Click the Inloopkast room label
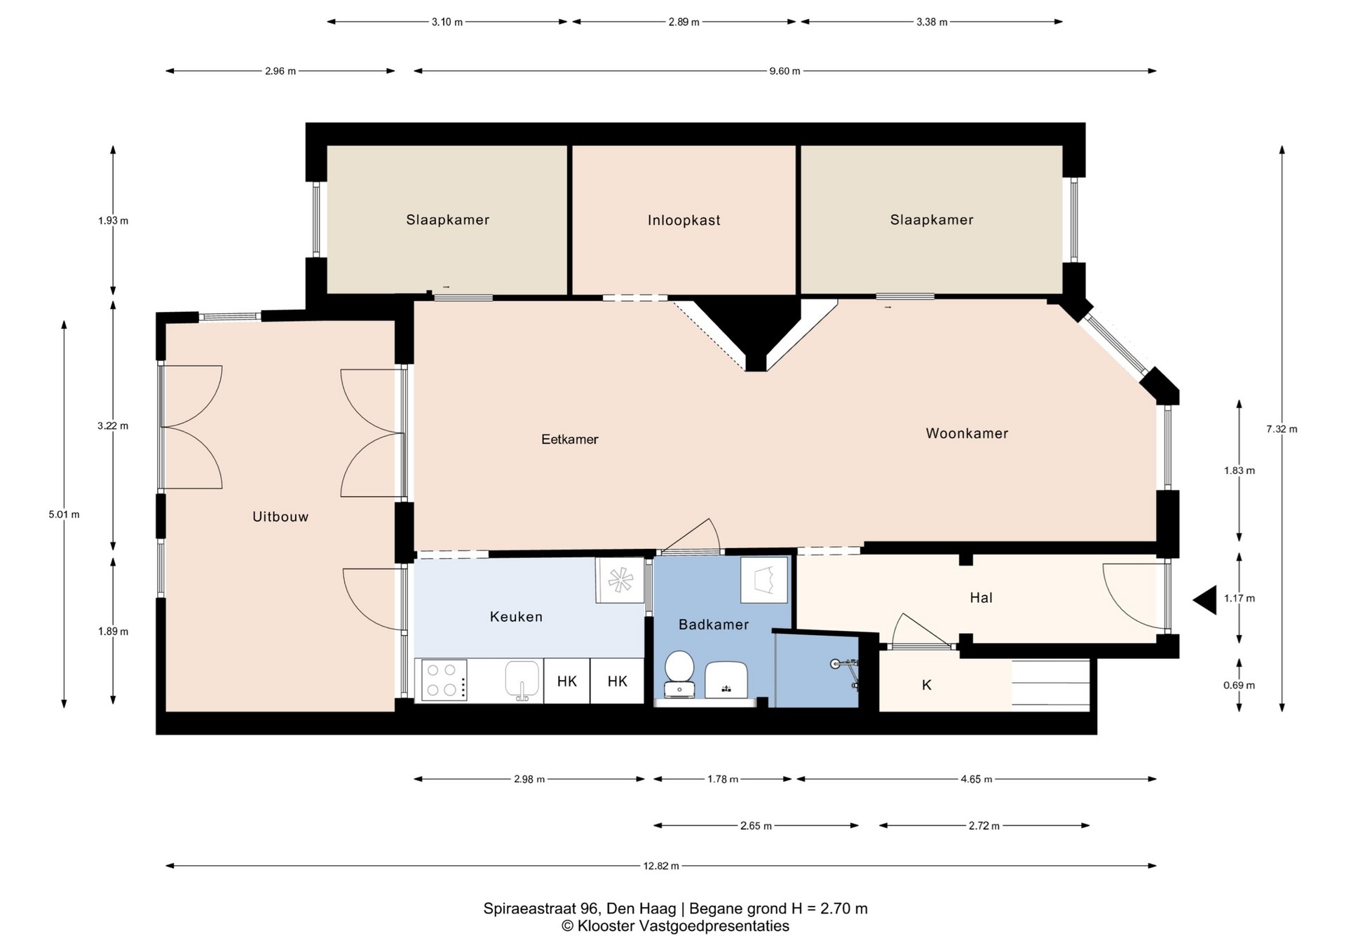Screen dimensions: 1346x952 coord(684,220)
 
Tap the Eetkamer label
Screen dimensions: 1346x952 coord(570,440)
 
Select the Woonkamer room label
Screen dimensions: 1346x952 coord(967,433)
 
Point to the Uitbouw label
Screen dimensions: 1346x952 coord(280,517)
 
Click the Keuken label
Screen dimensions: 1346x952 coord(516,617)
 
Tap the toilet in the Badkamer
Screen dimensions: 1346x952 coord(679,674)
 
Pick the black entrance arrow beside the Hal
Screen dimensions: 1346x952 coord(1206,600)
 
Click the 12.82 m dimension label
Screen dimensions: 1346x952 coord(661,866)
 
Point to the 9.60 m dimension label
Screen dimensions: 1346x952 coord(784,71)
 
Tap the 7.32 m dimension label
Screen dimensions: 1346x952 coord(1282,429)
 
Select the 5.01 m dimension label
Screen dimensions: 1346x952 coord(64,515)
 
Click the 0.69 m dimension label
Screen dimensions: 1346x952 coord(1239,686)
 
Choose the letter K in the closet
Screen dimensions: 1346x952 coord(927,685)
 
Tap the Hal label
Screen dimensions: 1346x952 coord(981,598)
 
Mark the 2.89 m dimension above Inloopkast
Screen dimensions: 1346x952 coord(684,22)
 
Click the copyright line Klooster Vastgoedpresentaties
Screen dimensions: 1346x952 coord(676,926)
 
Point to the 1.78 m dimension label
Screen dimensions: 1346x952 coord(723,779)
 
